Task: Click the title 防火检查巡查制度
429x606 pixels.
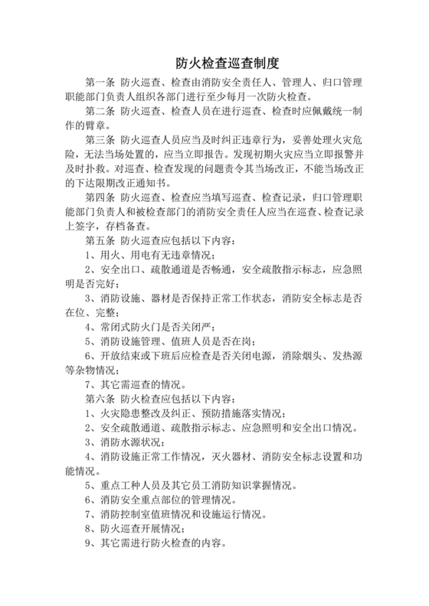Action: (214, 63)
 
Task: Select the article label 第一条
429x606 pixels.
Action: (100, 83)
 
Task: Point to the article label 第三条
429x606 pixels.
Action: (100, 140)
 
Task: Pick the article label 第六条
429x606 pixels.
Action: (100, 398)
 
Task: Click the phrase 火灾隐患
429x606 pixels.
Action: (116, 412)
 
